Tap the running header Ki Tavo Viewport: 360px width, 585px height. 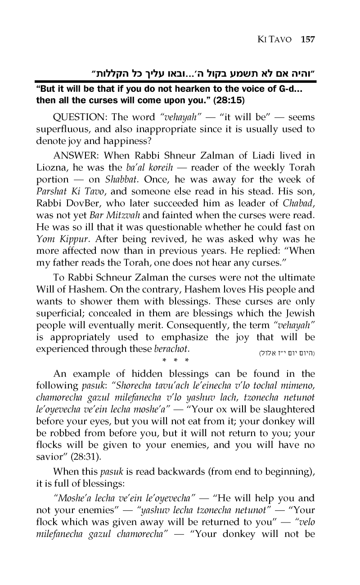273,39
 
